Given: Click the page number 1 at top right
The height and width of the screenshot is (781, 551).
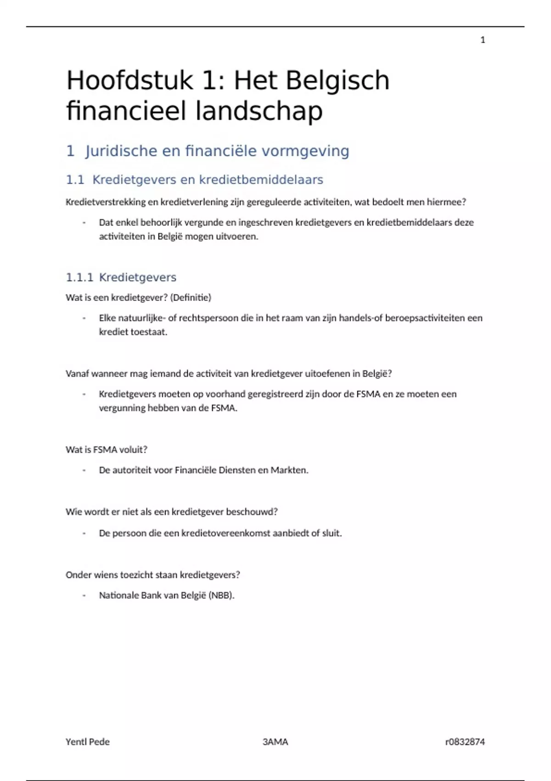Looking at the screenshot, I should pyautogui.click(x=483, y=40).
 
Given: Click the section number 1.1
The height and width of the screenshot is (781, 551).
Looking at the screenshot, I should pyautogui.click(x=75, y=180).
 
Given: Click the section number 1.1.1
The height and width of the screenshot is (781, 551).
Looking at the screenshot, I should pyautogui.click(x=79, y=277).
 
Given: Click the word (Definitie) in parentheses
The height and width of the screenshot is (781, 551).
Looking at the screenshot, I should pyautogui.click(x=191, y=298).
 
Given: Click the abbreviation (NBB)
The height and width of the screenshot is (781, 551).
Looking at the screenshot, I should pyautogui.click(x=221, y=595).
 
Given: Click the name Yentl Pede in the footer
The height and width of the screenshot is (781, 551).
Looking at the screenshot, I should pyautogui.click(x=88, y=741).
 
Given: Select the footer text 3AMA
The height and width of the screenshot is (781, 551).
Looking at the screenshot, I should pyautogui.click(x=275, y=741).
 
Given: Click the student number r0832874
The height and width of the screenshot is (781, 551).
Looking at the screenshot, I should pyautogui.click(x=465, y=741).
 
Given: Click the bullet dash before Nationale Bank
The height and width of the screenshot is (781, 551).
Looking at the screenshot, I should pyautogui.click(x=84, y=595).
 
